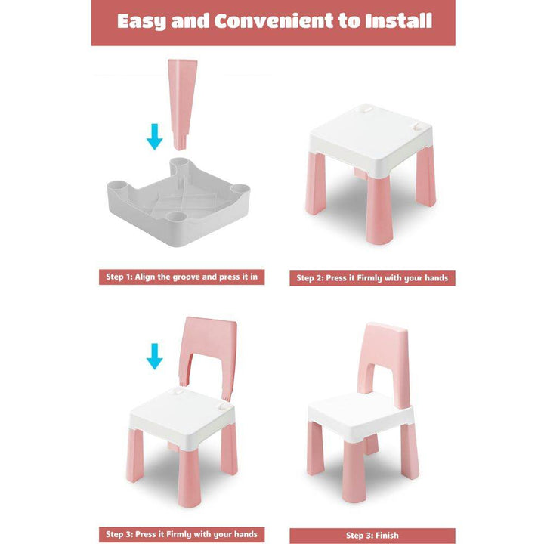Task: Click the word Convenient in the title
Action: pos(274,21)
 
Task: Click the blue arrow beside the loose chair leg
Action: pos(154,137)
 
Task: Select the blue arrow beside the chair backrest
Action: pos(154,357)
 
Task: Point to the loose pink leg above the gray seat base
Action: pos(182,104)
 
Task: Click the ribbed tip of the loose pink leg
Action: pos(181,141)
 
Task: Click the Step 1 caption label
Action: pos(182,277)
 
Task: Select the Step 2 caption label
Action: pos(372,278)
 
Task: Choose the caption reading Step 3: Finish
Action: pos(372,536)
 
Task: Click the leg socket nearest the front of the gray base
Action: pos(177,218)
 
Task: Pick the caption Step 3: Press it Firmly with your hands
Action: pos(182,534)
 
